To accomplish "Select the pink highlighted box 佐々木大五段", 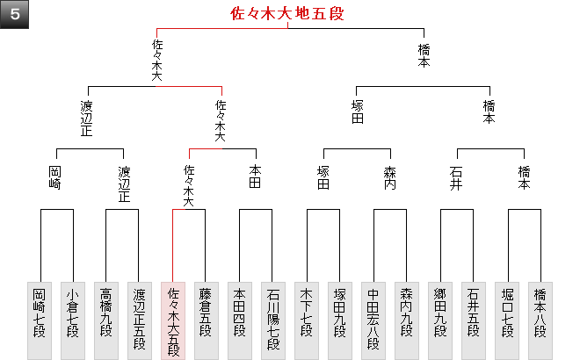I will point(173,320).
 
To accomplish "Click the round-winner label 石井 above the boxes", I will point(456,178).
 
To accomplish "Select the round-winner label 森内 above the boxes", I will point(390,178).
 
